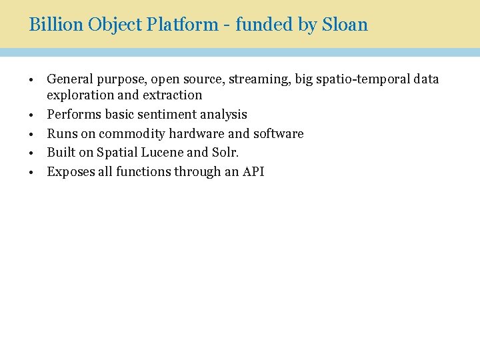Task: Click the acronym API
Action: [x=253, y=171]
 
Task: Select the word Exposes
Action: [x=69, y=171]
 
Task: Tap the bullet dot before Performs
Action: [x=31, y=115]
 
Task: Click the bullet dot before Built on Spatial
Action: [x=31, y=153]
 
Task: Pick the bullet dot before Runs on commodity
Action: [x=31, y=134]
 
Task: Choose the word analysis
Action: [x=223, y=114]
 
